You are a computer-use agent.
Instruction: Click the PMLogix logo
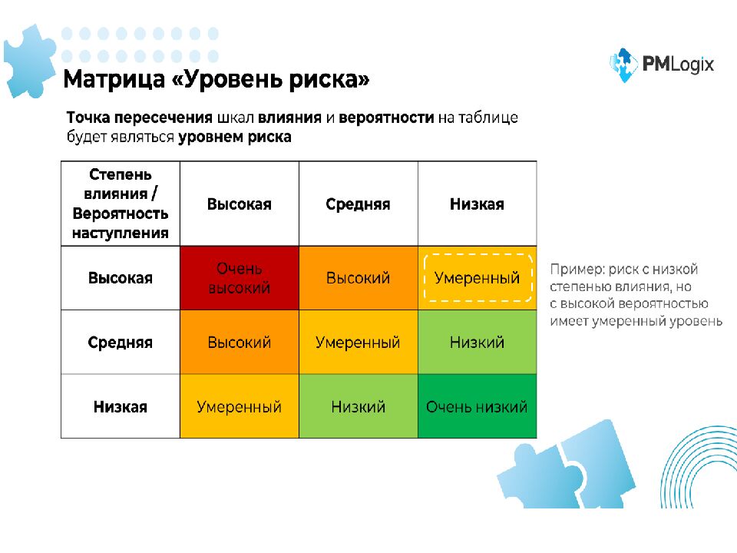(661, 65)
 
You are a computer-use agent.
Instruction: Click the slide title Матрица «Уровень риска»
(216, 79)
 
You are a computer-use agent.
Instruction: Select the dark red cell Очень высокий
(240, 278)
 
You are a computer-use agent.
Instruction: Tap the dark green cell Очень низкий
(477, 406)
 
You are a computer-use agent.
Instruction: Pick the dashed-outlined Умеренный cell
(477, 278)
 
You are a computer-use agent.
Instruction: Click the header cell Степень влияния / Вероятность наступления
(121, 204)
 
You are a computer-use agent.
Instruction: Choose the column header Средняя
(358, 204)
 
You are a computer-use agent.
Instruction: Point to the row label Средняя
(121, 343)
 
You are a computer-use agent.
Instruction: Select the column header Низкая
(477, 204)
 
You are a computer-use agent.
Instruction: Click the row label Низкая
(121, 406)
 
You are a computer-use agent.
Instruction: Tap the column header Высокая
(240, 204)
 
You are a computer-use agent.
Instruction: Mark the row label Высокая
(121, 278)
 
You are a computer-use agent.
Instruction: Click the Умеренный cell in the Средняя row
(358, 343)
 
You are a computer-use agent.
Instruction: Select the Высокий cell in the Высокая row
(358, 278)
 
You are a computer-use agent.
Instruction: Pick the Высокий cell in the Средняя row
(240, 343)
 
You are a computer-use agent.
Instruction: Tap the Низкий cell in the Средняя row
(477, 343)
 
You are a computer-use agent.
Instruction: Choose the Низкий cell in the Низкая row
(358, 406)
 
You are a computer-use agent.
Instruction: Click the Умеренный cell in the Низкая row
(240, 406)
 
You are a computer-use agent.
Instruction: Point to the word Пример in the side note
(574, 270)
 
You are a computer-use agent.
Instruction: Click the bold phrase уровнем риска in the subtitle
(235, 137)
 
